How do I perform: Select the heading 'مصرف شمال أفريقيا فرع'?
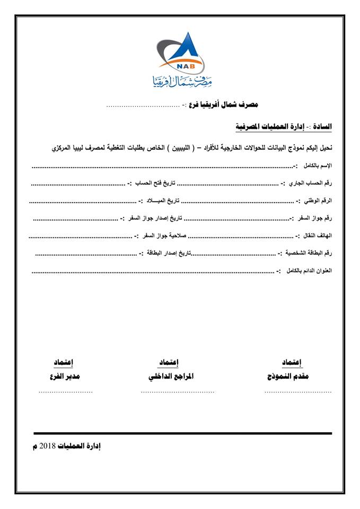(x=220, y=106)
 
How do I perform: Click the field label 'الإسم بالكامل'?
(x=317, y=166)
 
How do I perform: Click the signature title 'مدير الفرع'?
(x=64, y=377)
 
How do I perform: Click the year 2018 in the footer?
(x=49, y=446)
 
